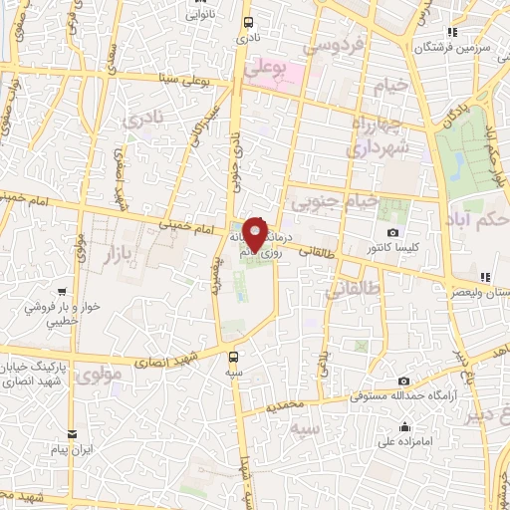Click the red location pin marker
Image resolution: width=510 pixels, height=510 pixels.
tap(256, 235)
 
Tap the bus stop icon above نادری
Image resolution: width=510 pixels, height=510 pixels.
tap(247, 21)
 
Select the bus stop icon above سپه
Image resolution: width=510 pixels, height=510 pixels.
tap(233, 356)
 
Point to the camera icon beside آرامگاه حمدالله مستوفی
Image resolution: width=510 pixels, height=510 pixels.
tap(403, 381)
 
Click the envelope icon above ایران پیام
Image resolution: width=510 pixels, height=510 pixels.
tap(73, 434)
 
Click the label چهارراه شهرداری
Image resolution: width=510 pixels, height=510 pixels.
tap(380, 135)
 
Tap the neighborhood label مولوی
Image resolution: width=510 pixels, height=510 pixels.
tap(98, 376)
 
